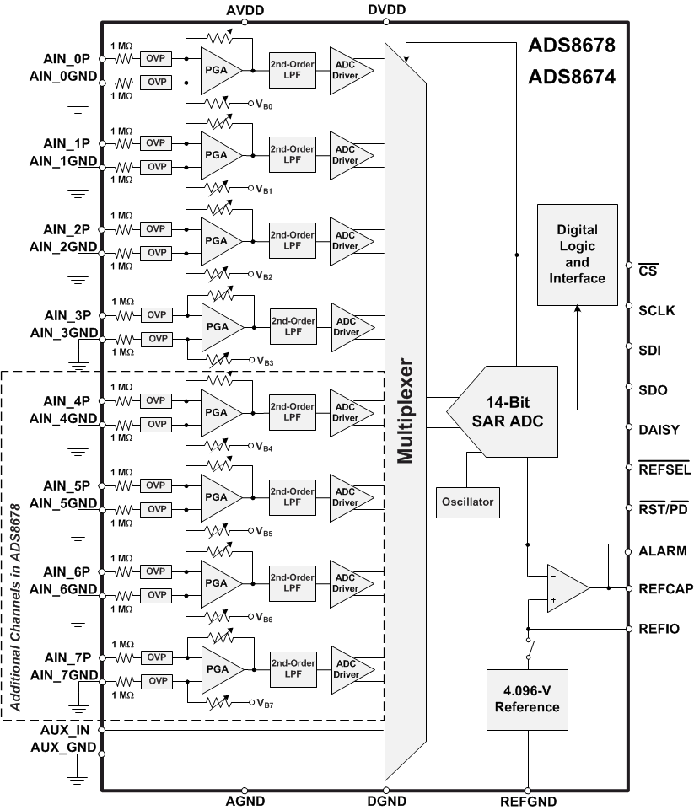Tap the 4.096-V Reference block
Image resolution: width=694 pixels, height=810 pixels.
click(x=526, y=699)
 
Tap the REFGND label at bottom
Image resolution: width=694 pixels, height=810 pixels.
click(x=528, y=802)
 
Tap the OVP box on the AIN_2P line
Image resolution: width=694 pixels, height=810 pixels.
click(x=156, y=229)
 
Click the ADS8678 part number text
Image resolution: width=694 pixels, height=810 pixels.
click(x=571, y=44)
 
